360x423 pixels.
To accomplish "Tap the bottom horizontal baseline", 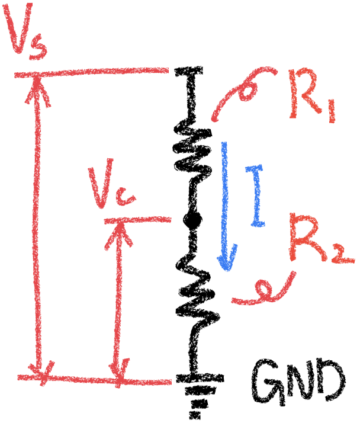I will pos(95,379).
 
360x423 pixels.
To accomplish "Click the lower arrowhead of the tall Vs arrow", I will pos(40,370).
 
